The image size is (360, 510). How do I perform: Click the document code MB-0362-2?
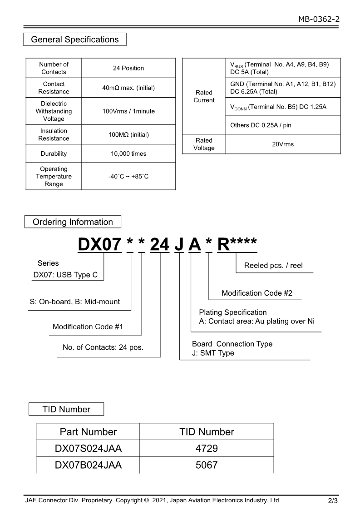pos(319,19)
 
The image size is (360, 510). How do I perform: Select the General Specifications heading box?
pos(75,40)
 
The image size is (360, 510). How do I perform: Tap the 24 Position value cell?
pos(128,68)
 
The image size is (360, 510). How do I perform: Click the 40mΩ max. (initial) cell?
pos(128,88)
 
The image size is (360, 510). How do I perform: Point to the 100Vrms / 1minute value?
pos(128,111)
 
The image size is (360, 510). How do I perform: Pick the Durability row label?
pos(54,153)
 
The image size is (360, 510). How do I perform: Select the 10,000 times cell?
pos(128,153)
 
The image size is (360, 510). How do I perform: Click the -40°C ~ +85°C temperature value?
pos(128,176)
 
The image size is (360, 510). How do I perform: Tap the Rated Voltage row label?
pos(204,144)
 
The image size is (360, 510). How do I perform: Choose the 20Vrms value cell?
pos(283,144)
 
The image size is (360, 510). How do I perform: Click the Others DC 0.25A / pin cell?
pos(261,125)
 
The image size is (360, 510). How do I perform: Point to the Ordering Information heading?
pos(73,222)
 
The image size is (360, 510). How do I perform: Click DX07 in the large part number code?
pos(99,245)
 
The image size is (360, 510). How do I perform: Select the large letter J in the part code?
pos(179,245)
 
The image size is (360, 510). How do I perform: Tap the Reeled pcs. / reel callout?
pos(273,266)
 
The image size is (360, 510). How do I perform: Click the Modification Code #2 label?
pos(257,293)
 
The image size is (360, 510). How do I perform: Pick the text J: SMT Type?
pos(213,353)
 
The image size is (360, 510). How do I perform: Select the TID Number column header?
pos(207,432)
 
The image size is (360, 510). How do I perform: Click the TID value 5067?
pos(207,465)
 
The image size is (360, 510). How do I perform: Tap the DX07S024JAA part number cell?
pos(88,449)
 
